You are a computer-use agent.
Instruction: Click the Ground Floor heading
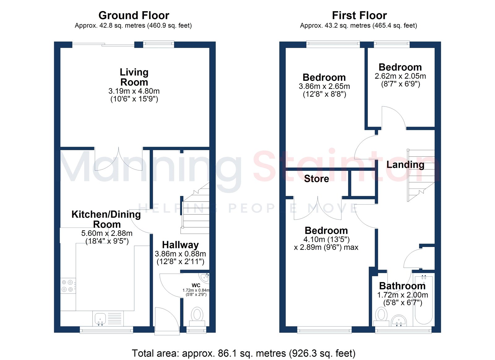[x=134, y=15]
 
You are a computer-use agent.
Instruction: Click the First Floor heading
[x=359, y=15]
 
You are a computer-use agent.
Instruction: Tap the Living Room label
[x=134, y=77]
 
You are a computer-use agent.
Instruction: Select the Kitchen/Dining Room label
[x=106, y=219]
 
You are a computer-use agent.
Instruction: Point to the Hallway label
[x=180, y=245]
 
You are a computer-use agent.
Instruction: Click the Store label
[x=316, y=179]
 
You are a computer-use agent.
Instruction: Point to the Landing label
[x=405, y=165]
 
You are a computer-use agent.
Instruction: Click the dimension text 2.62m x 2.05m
[x=400, y=76]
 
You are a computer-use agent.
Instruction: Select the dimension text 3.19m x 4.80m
[x=134, y=91]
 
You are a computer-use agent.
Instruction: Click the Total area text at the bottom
[x=243, y=353]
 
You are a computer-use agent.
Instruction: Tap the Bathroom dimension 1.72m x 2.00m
[x=402, y=295]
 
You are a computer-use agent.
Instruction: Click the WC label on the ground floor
[x=196, y=285]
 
